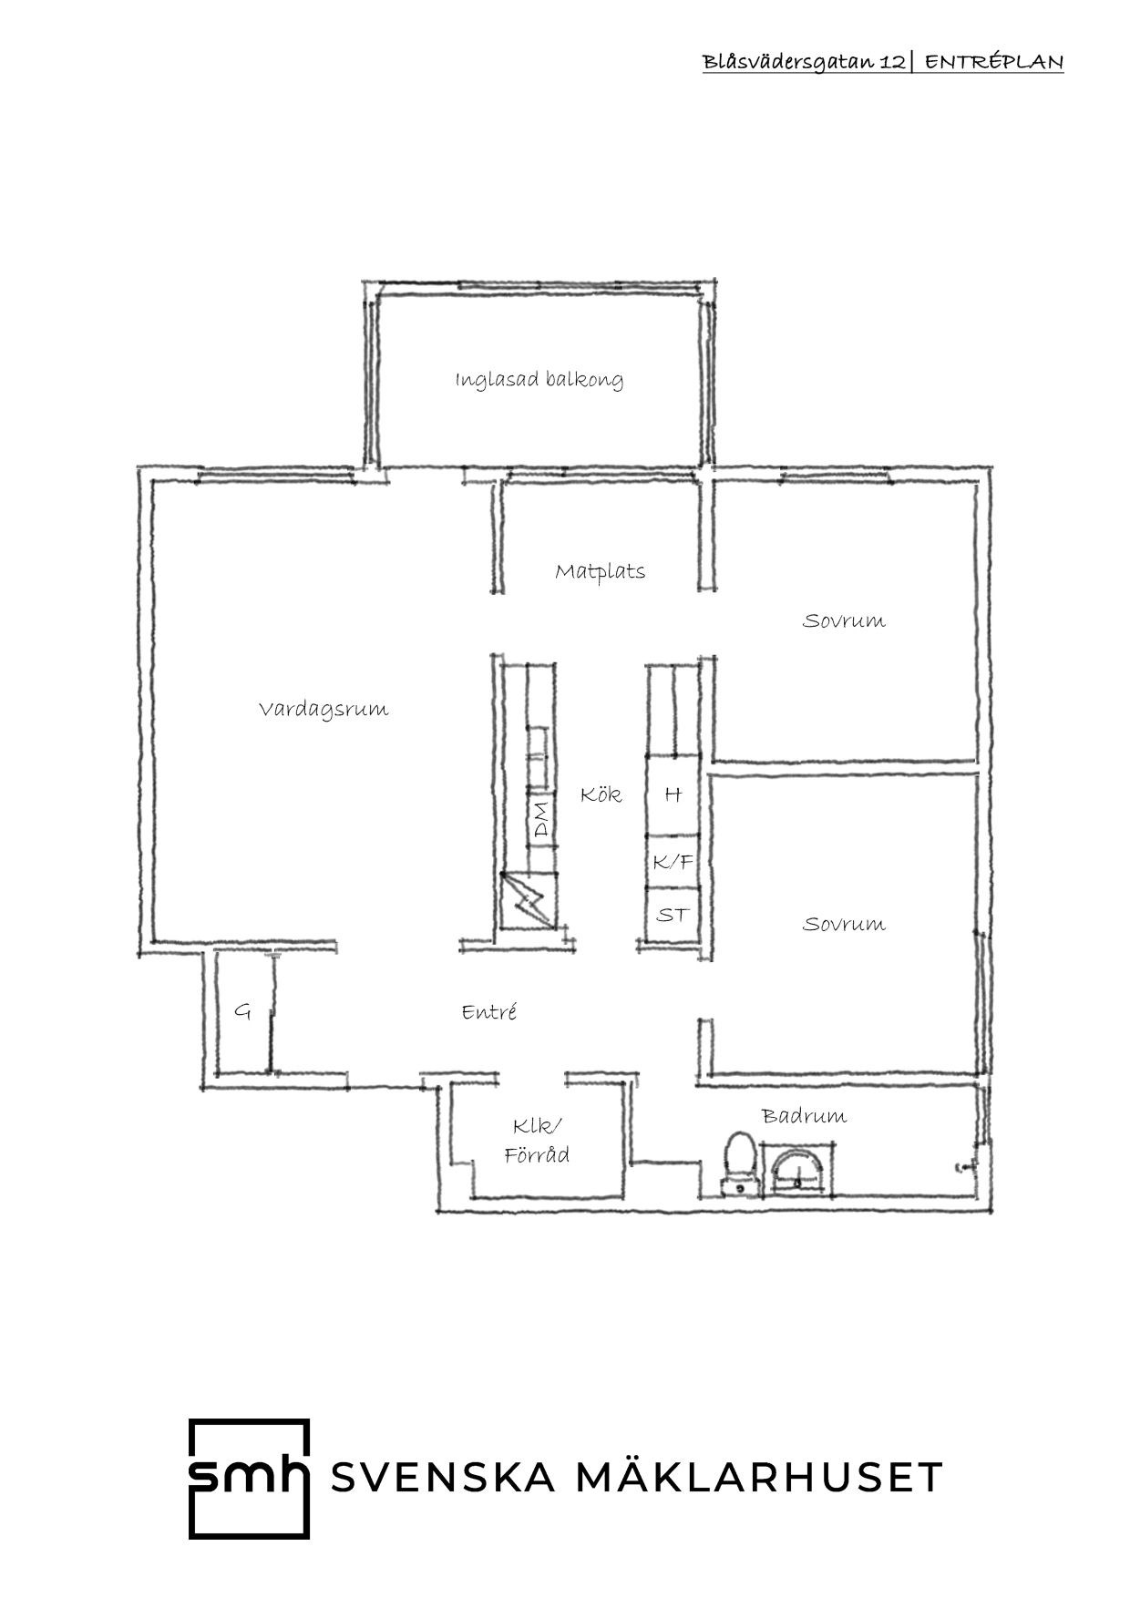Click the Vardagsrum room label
[324, 709]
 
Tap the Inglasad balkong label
[539, 379]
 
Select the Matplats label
[600, 571]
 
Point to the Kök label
[601, 794]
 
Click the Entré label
[489, 1011]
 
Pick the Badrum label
[804, 1115]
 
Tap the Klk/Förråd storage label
[537, 1140]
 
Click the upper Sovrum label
[843, 620]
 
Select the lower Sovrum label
[843, 924]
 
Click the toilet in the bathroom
[737, 1164]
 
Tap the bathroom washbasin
[797, 1171]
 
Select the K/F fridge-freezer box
[673, 861]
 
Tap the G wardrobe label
[242, 1010]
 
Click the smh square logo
[249, 1479]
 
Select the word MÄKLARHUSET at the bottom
[759, 1477]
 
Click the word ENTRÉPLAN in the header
[994, 62]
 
